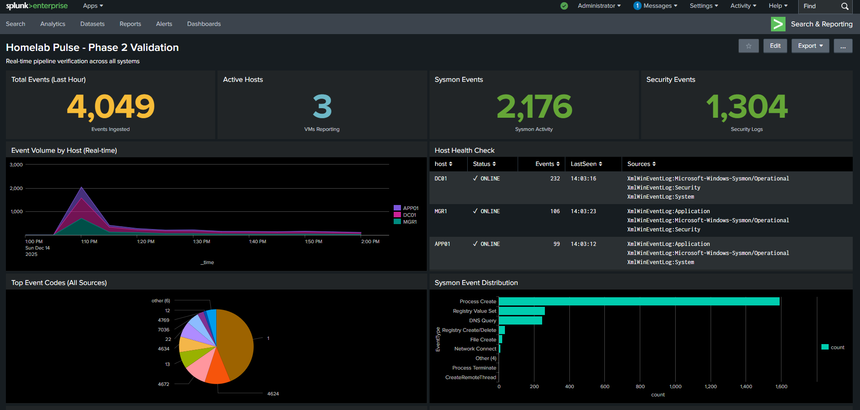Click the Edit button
pyautogui.click(x=775, y=46)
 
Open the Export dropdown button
pyautogui.click(x=810, y=46)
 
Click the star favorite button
pyautogui.click(x=748, y=46)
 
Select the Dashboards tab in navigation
pyautogui.click(x=204, y=24)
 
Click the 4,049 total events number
pyautogui.click(x=111, y=106)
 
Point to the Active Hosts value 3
pyautogui.click(x=322, y=106)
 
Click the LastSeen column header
pyautogui.click(x=586, y=164)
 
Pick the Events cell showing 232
pyautogui.click(x=555, y=179)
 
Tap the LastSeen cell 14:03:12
pyautogui.click(x=583, y=244)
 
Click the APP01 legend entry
pyautogui.click(x=410, y=208)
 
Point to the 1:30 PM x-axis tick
pyautogui.click(x=202, y=242)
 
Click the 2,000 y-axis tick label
pyautogui.click(x=16, y=188)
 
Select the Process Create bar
pyautogui.click(x=638, y=301)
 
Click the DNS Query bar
pyautogui.click(x=520, y=320)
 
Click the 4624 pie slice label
pyautogui.click(x=273, y=394)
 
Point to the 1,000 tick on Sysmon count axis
pyautogui.click(x=675, y=387)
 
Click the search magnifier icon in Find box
pyautogui.click(x=845, y=6)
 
